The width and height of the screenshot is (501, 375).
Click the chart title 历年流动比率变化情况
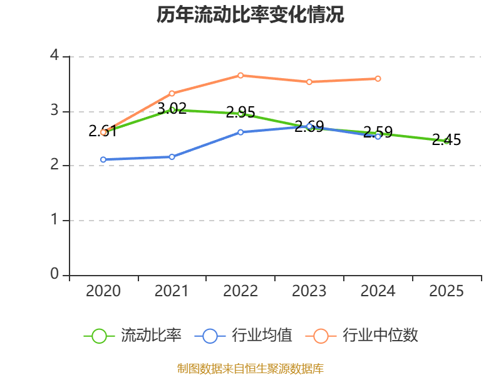click(x=250, y=15)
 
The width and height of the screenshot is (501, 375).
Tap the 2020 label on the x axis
click(x=103, y=291)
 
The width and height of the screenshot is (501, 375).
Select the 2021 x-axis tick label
click(x=172, y=291)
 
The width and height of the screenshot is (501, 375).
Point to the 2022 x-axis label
click(x=240, y=291)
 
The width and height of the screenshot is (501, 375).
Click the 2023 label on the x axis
click(x=309, y=291)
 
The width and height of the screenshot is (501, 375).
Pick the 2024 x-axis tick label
click(x=378, y=291)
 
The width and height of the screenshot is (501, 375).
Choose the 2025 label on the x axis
click(x=447, y=291)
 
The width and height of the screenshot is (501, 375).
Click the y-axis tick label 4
click(x=54, y=56)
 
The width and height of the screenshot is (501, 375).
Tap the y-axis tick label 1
click(x=54, y=220)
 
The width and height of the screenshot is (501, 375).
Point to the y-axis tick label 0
click(x=54, y=274)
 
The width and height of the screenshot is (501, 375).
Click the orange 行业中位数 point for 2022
click(x=240, y=75)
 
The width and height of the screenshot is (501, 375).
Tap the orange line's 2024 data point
click(x=378, y=79)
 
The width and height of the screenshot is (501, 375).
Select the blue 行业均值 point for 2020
click(x=103, y=159)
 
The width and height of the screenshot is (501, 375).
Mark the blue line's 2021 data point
click(x=172, y=157)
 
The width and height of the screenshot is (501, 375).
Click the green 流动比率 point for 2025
click(x=447, y=141)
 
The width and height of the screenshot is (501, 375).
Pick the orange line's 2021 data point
click(x=172, y=93)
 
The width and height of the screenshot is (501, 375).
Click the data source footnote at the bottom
click(x=250, y=368)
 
